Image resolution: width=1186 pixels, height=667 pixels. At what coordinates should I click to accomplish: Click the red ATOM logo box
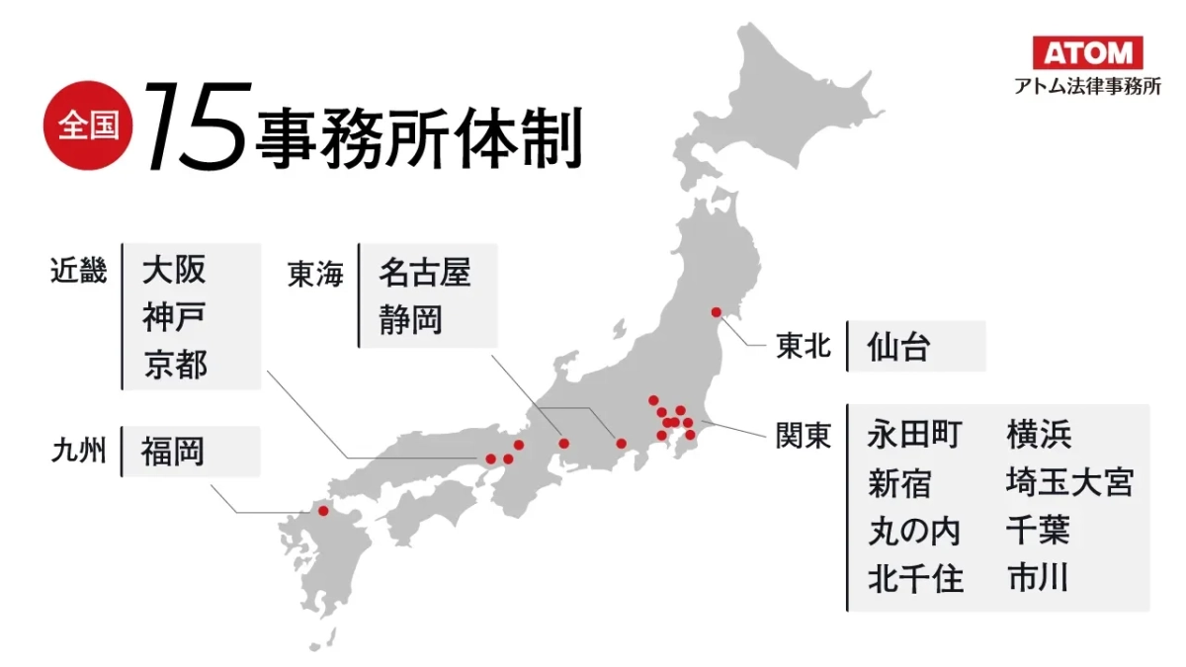tap(1087, 51)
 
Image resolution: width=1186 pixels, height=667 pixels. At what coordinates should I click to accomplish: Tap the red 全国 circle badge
tap(88, 125)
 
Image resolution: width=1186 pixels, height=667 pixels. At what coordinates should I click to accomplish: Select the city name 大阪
tap(174, 271)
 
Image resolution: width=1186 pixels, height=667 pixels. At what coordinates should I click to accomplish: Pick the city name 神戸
tap(174, 318)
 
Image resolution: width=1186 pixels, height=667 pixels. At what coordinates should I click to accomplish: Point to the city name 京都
tap(174, 365)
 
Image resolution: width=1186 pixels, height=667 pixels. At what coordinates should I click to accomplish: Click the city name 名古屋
tap(424, 274)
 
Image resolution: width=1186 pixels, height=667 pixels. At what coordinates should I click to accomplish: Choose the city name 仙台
tap(898, 347)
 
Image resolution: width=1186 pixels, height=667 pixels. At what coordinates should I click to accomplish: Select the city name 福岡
tap(172, 452)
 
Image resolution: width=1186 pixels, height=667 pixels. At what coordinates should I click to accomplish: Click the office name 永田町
tap(913, 434)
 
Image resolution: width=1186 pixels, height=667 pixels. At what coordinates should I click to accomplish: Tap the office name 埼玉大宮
tap(1069, 482)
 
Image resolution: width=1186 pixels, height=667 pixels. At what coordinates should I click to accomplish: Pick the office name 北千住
tap(914, 578)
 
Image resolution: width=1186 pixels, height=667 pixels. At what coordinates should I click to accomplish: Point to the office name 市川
tap(1038, 577)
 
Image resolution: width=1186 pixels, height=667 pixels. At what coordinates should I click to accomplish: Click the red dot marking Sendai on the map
tap(717, 313)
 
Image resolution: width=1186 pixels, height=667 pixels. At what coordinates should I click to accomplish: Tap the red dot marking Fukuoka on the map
tap(322, 510)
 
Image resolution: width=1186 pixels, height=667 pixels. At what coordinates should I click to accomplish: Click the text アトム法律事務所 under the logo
tap(1087, 86)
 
